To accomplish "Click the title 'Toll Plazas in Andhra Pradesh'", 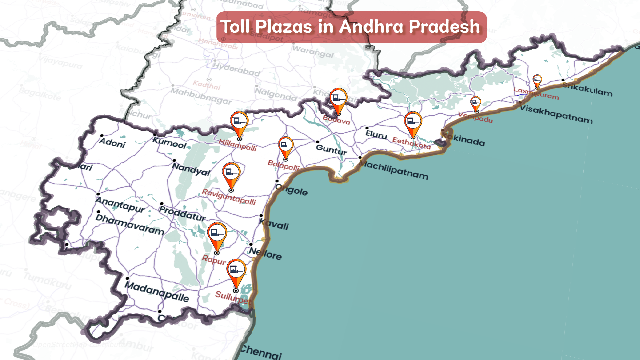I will [x=351, y=27].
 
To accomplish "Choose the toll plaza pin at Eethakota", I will [x=413, y=122].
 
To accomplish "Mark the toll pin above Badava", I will [x=338, y=98].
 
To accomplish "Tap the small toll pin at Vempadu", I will [x=476, y=102].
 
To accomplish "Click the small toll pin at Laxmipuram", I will [x=537, y=80].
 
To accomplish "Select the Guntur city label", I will [x=331, y=149].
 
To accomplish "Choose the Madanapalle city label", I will [x=157, y=291].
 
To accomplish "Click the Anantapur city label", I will [x=120, y=204].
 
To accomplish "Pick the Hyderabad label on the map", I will [x=236, y=69].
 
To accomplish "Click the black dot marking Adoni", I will [x=102, y=136].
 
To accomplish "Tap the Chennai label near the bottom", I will [x=261, y=352].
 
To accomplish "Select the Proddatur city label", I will [x=182, y=213].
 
